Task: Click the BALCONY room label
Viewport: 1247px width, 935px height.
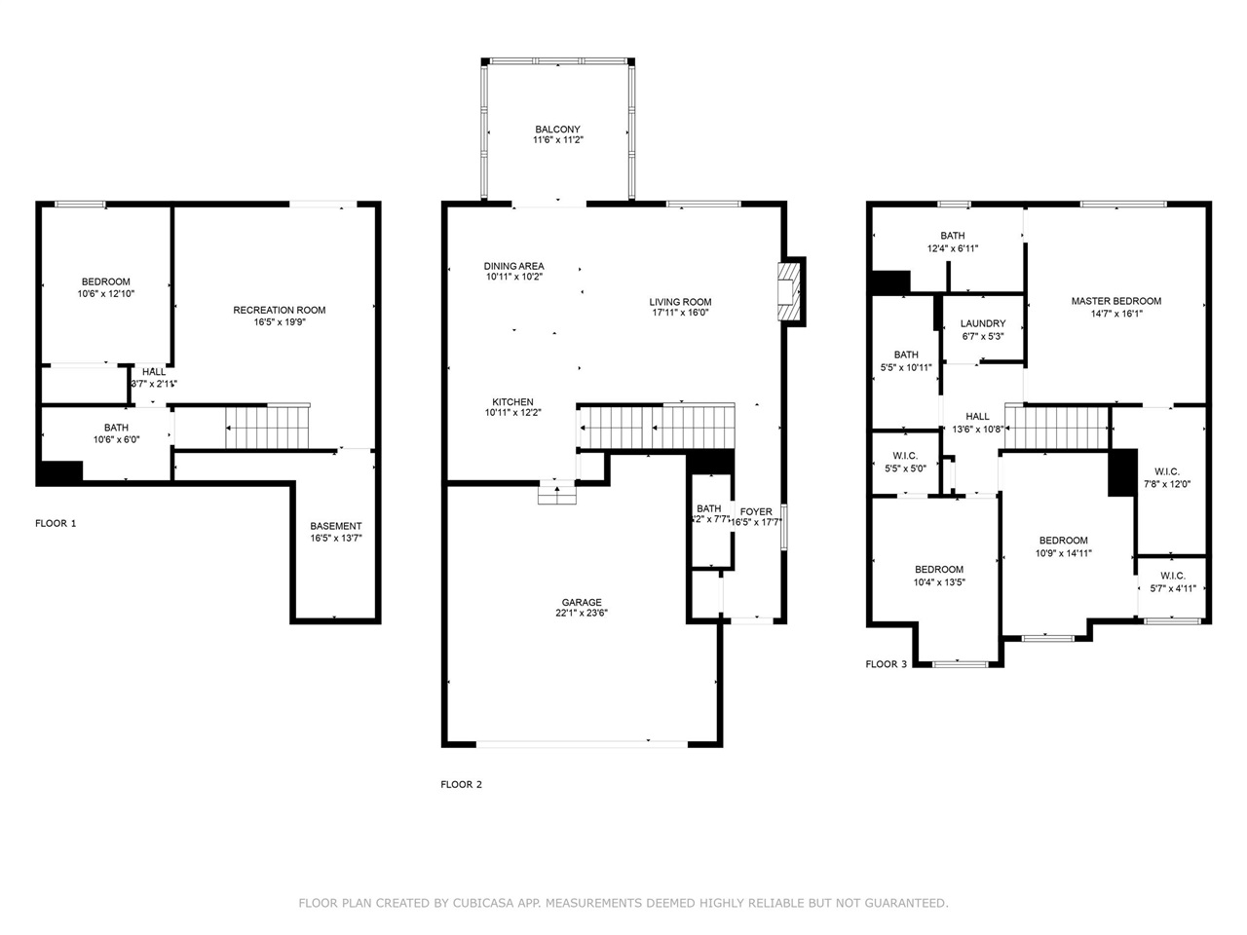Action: pyautogui.click(x=557, y=130)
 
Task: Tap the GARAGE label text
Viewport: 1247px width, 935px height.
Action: pyautogui.click(x=581, y=602)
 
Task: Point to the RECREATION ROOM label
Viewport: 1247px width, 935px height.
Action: pyautogui.click(x=279, y=310)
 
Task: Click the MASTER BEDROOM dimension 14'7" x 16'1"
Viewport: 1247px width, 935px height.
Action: pyautogui.click(x=1115, y=314)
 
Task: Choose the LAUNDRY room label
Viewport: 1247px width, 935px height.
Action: pyautogui.click(x=982, y=323)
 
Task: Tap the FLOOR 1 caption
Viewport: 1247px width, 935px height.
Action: pyautogui.click(x=56, y=523)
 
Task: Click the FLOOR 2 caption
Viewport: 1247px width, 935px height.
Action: pyautogui.click(x=461, y=784)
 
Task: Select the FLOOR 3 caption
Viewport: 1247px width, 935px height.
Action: pyautogui.click(x=886, y=664)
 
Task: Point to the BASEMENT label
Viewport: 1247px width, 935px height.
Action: pyautogui.click(x=335, y=526)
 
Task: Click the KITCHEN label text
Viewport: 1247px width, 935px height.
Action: pyautogui.click(x=512, y=402)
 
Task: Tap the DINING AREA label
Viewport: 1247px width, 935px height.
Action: pyautogui.click(x=513, y=266)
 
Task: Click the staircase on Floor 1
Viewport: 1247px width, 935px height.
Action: pyautogui.click(x=266, y=427)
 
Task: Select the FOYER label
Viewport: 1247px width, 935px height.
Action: pyautogui.click(x=756, y=511)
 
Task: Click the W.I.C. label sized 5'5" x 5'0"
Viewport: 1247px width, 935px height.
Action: pyautogui.click(x=904, y=455)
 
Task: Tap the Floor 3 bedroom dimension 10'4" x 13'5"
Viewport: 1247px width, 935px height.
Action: pyautogui.click(x=939, y=582)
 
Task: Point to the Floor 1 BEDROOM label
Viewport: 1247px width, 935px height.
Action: pyautogui.click(x=105, y=281)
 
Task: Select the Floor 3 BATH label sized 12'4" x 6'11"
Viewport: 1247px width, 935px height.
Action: pyautogui.click(x=952, y=236)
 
